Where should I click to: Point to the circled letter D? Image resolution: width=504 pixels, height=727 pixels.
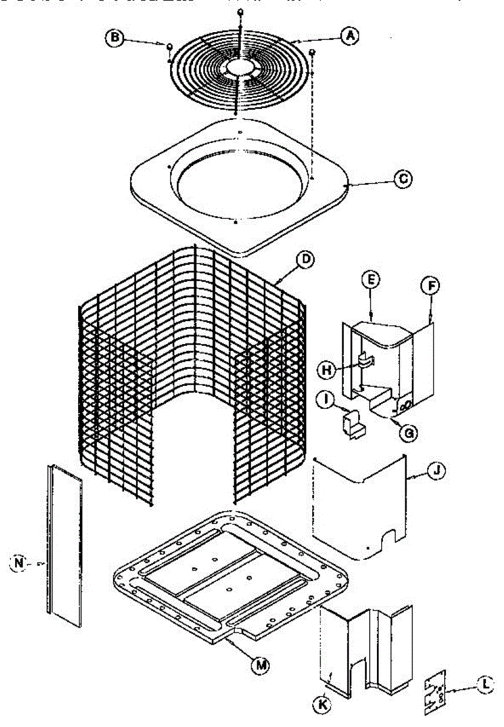click(x=307, y=259)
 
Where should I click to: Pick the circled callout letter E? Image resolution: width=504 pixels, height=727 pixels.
click(x=371, y=279)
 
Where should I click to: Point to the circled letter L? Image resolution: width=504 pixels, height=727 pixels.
click(x=485, y=685)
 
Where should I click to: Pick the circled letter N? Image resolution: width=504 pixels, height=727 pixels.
click(x=21, y=563)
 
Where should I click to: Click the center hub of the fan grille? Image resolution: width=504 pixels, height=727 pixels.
click(x=241, y=67)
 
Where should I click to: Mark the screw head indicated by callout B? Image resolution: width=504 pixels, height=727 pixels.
click(x=169, y=47)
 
